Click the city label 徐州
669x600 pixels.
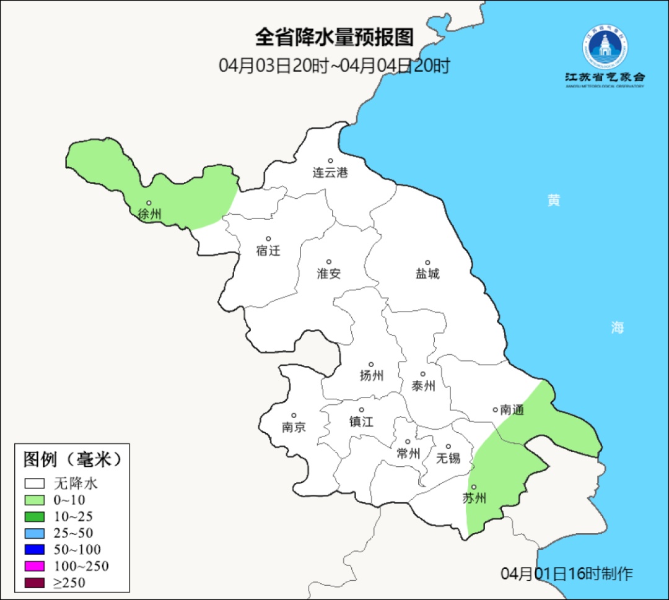(149, 215)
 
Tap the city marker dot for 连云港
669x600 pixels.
(330, 161)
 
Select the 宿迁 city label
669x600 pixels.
(268, 251)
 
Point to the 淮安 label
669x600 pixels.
(329, 274)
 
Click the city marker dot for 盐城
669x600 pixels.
(427, 263)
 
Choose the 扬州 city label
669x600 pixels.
(372, 376)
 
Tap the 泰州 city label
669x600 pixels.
(423, 386)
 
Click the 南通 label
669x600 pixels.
(512, 409)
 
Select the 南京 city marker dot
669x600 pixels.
(294, 416)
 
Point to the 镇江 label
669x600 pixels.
(362, 422)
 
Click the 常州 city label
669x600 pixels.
(408, 454)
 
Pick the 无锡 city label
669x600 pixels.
(448, 458)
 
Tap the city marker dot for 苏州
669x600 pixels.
(473, 487)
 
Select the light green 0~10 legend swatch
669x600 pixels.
(35, 500)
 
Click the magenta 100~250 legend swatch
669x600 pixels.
(35, 566)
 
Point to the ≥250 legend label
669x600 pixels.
(69, 583)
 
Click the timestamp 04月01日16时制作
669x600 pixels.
(566, 573)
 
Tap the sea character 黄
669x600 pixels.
(554, 200)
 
